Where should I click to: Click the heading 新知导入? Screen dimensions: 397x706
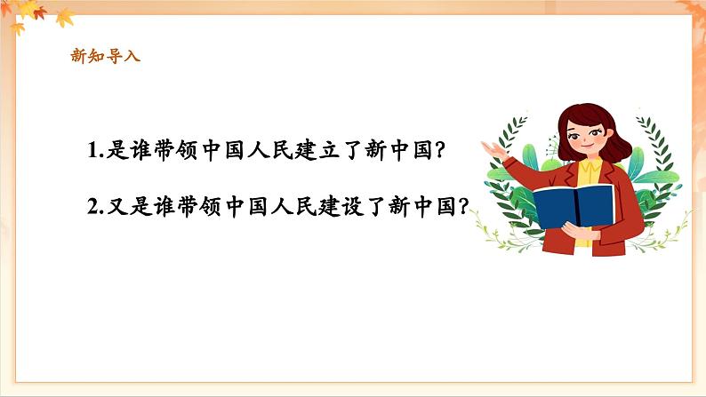[x=105, y=56]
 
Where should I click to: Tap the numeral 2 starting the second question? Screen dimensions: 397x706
[x=93, y=206]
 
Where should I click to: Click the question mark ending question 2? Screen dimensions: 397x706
[x=461, y=206]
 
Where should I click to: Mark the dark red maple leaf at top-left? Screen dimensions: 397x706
[x=39, y=12]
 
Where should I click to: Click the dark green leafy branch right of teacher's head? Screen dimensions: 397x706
[x=650, y=142]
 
